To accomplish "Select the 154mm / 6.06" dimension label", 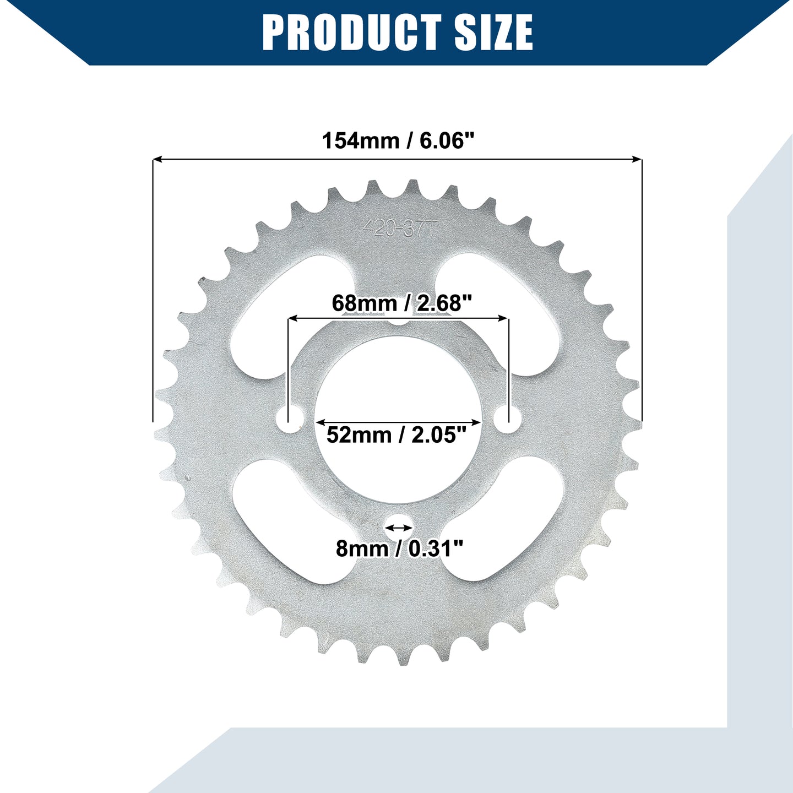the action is (398, 141).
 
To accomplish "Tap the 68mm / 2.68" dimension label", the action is (401, 303).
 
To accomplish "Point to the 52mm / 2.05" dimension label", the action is (397, 435).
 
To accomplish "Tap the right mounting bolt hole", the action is (508, 420).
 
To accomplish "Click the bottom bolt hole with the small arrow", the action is (399, 528).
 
